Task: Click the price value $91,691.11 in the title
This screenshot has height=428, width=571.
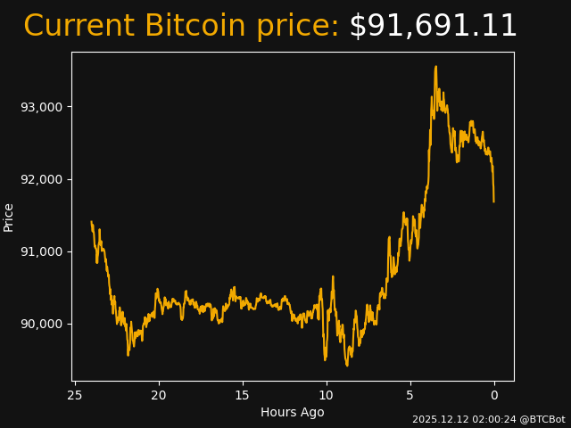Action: click(x=433, y=27)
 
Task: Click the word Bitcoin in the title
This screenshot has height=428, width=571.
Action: click(x=194, y=27)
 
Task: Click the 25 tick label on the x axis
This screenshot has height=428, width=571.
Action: click(x=75, y=395)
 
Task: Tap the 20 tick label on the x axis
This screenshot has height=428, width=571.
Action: click(x=159, y=395)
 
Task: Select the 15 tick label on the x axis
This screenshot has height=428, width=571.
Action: click(x=243, y=395)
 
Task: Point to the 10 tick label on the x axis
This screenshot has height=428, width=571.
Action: click(x=327, y=395)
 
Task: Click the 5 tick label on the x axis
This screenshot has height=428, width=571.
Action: click(x=410, y=395)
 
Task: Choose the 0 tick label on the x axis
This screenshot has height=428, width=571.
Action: click(x=494, y=395)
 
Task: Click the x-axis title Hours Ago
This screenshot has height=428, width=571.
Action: click(x=293, y=412)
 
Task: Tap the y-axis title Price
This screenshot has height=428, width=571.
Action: click(x=9, y=217)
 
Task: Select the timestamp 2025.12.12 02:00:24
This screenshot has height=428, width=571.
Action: click(x=461, y=419)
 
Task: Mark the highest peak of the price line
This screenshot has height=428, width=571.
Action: click(x=435, y=66)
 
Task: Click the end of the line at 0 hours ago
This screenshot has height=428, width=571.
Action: click(x=493, y=201)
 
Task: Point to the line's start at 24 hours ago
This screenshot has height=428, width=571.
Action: click(x=92, y=222)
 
